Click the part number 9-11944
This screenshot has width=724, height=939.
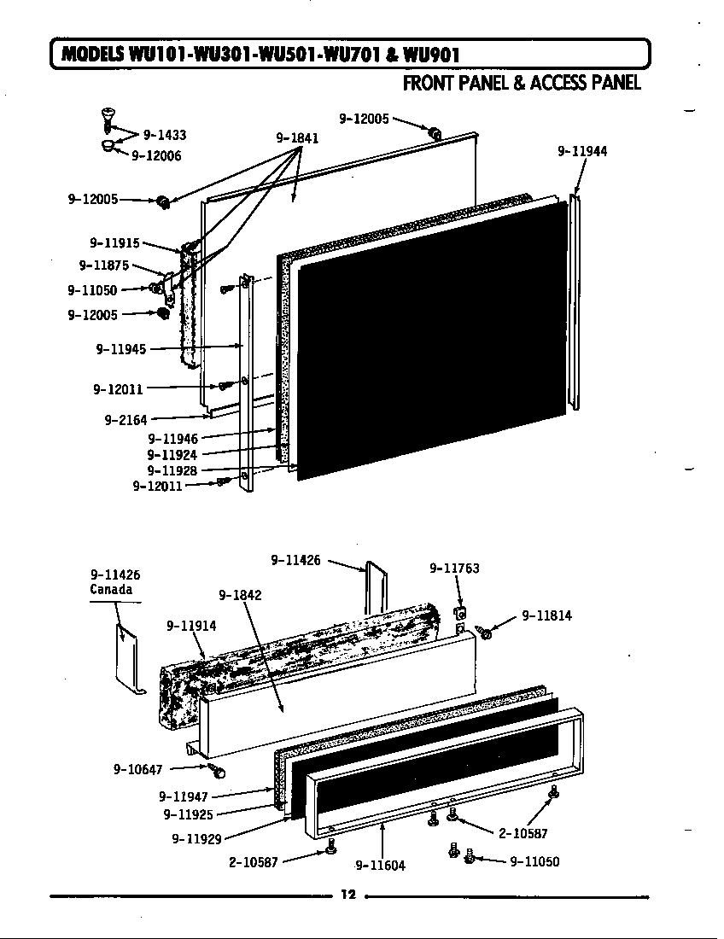[582, 151]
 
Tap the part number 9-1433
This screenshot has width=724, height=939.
[165, 134]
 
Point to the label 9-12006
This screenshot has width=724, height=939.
[156, 155]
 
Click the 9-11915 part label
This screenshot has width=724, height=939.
[114, 242]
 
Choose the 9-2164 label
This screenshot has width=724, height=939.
[126, 419]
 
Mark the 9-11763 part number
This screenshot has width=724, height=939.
[454, 568]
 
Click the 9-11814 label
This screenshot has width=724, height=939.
[546, 615]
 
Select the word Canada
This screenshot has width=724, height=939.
[111, 590]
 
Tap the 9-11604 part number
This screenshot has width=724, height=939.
[380, 865]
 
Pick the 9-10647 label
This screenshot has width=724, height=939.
[137, 769]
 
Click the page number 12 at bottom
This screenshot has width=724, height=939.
[347, 895]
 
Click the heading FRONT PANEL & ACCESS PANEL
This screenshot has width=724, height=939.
[521, 83]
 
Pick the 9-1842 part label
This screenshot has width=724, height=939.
[240, 595]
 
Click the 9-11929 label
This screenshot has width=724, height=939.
[197, 839]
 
